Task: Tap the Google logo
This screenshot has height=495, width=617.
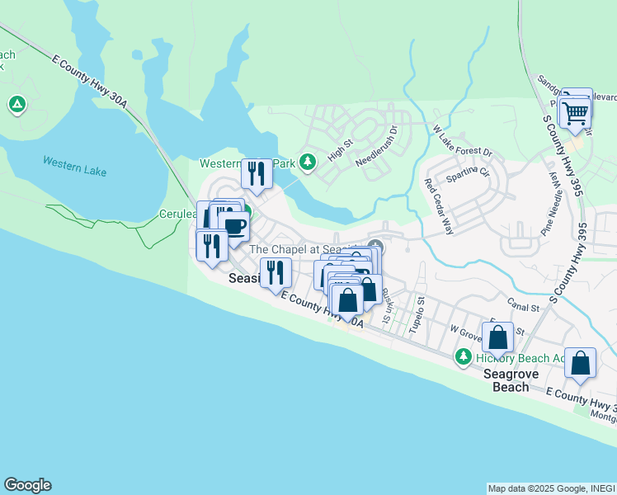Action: click(x=27, y=485)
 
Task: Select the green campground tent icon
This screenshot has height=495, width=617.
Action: click(x=16, y=105)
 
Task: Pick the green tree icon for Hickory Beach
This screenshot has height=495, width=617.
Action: click(x=464, y=357)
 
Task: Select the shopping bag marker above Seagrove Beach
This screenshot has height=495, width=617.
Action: click(x=582, y=363)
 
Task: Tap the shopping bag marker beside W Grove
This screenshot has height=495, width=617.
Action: click(x=498, y=337)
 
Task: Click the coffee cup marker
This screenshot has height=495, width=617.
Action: click(x=233, y=225)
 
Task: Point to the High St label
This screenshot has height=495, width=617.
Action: click(x=339, y=149)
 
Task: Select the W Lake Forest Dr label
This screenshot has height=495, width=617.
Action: click(x=462, y=142)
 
